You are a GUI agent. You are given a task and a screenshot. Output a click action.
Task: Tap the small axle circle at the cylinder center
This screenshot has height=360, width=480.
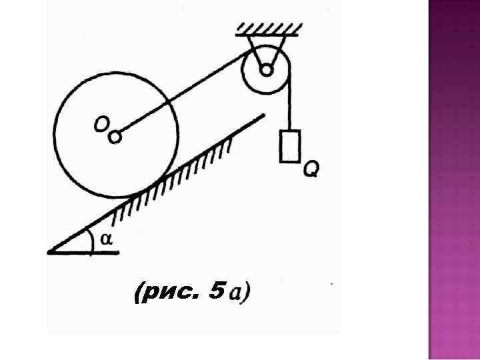click(x=115, y=137)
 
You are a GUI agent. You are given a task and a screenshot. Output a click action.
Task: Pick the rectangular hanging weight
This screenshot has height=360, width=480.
click(x=290, y=146)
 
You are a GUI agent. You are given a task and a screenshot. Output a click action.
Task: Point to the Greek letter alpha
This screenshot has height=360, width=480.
click(x=106, y=239)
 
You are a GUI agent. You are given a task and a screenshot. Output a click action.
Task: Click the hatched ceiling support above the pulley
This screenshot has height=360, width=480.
click(x=269, y=28)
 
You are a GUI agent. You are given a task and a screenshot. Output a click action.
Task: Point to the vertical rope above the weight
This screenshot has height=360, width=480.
click(x=291, y=107)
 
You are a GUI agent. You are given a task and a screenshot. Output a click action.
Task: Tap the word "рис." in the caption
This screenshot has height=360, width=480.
click(x=169, y=292)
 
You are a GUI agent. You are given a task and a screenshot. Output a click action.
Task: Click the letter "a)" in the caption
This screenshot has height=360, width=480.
click(x=239, y=292)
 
